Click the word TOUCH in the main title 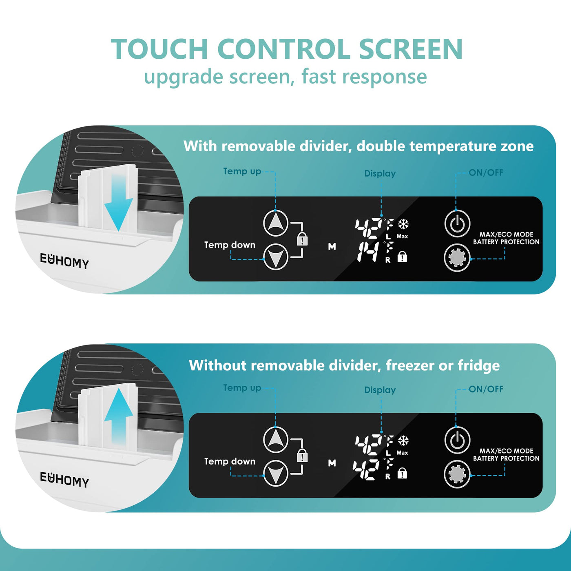click(x=159, y=49)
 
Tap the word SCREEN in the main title click(x=410, y=49)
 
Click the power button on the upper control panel click(x=457, y=224)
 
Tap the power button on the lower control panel click(x=457, y=440)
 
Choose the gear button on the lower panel click(x=457, y=474)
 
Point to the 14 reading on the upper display click(x=368, y=252)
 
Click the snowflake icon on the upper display click(x=403, y=224)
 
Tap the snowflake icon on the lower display click(x=403, y=440)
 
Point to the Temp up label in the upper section click(x=242, y=171)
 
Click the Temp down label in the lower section click(x=230, y=461)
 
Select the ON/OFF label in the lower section click(x=486, y=389)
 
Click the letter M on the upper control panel click(x=332, y=246)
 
